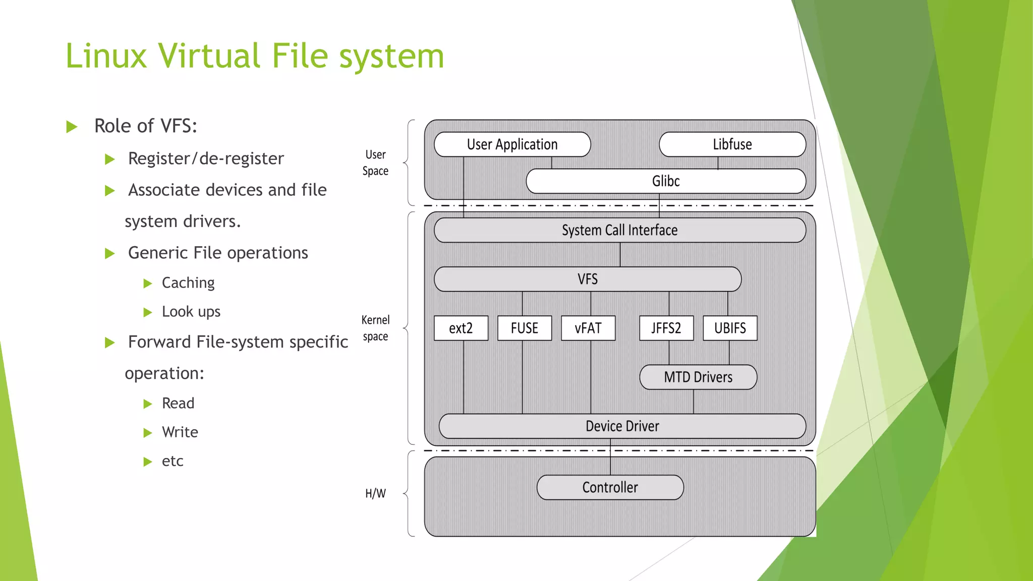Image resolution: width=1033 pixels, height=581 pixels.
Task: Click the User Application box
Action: [512, 145]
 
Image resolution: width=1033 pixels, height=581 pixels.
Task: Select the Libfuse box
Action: [732, 145]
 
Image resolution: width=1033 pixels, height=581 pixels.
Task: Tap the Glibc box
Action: [665, 181]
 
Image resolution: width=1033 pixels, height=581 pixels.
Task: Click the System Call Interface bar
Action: [619, 230]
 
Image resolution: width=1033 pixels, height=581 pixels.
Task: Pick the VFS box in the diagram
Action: [587, 279]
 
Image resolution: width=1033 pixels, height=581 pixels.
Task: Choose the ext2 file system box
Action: [461, 328]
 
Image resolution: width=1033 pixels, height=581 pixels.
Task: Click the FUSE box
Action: [525, 328]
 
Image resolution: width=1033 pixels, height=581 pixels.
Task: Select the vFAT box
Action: [588, 328]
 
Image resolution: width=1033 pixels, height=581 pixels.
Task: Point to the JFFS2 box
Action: [666, 328]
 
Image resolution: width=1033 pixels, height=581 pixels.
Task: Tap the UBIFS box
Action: [730, 328]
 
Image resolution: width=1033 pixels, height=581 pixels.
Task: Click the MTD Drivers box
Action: [698, 377]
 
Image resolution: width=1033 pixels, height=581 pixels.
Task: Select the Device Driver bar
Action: [622, 426]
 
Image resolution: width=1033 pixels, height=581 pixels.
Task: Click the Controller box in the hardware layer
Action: [610, 488]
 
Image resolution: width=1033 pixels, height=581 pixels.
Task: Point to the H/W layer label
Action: [375, 493]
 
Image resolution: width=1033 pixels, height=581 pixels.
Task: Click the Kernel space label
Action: [375, 328]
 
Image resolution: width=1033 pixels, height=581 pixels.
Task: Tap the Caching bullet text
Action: [188, 283]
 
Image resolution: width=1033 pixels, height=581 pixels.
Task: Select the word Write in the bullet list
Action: [180, 432]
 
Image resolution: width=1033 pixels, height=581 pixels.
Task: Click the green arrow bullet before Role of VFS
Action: [72, 127]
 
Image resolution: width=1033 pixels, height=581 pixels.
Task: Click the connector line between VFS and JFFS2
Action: [669, 304]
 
